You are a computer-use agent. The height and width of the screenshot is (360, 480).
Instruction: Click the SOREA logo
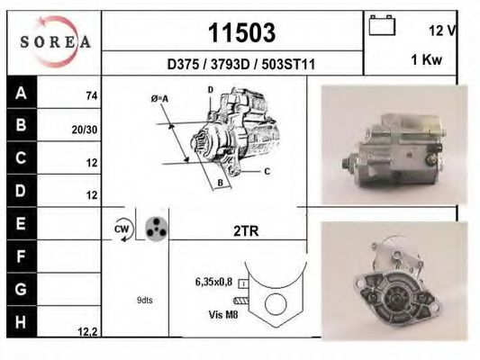pos(56,41)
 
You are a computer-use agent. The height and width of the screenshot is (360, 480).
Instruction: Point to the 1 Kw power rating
pos(425,59)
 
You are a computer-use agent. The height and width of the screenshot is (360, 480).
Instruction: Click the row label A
pos(20,94)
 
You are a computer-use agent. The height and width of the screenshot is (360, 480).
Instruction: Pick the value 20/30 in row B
pos(85,129)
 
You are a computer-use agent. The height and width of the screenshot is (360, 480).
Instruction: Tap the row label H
pos(20,320)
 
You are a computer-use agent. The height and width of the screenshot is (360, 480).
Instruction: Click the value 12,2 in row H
pos(86,332)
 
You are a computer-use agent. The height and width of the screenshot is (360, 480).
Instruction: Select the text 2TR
pos(245,230)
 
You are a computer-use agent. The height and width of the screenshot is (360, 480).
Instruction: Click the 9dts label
pos(145,300)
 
